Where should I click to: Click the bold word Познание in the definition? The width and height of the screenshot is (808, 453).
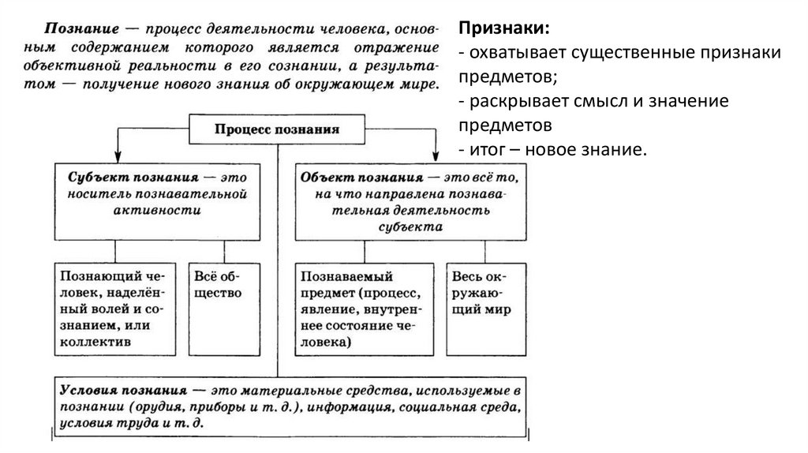tap(77, 28)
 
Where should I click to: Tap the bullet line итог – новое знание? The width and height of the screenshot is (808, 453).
tap(556, 150)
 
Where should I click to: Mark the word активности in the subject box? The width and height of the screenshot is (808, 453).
tap(156, 211)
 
